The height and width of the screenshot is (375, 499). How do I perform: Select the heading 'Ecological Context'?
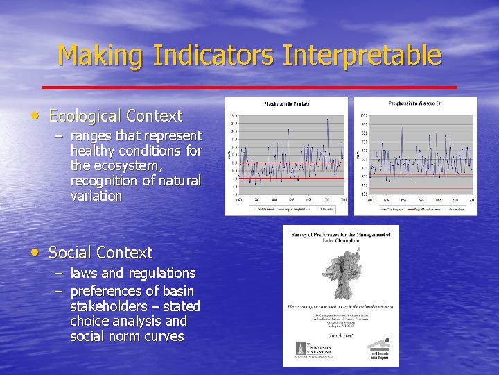pyautogui.click(x=115, y=116)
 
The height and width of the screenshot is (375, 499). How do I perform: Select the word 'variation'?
pyautogui.click(x=96, y=196)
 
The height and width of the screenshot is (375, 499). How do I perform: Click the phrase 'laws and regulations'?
pyautogui.click(x=133, y=273)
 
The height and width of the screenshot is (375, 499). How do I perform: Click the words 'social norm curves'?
pyautogui.click(x=127, y=336)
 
